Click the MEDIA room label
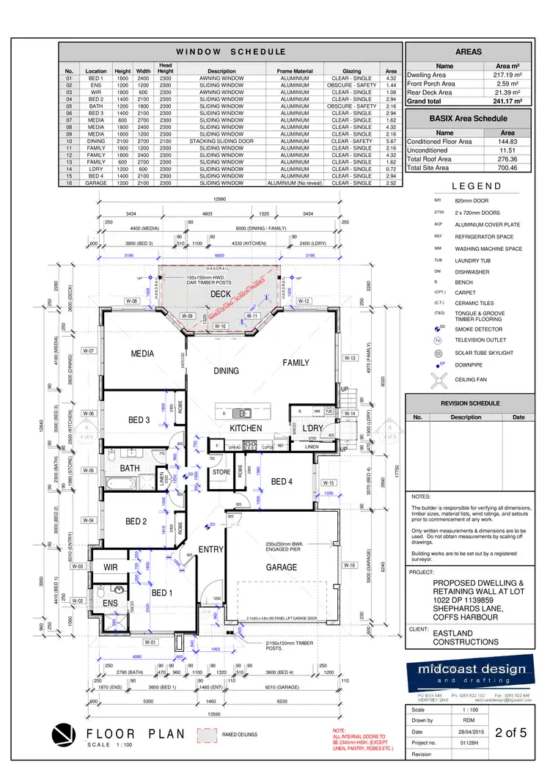click(142, 353)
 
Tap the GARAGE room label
click(282, 567)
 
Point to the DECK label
click(221, 294)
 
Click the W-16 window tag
click(349, 565)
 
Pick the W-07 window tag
click(89, 351)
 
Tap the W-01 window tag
click(150, 642)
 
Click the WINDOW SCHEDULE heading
click(230, 52)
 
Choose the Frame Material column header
click(295, 71)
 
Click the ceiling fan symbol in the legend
click(439, 379)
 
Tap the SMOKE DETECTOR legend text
click(478, 330)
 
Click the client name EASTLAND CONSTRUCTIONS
click(465, 637)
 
